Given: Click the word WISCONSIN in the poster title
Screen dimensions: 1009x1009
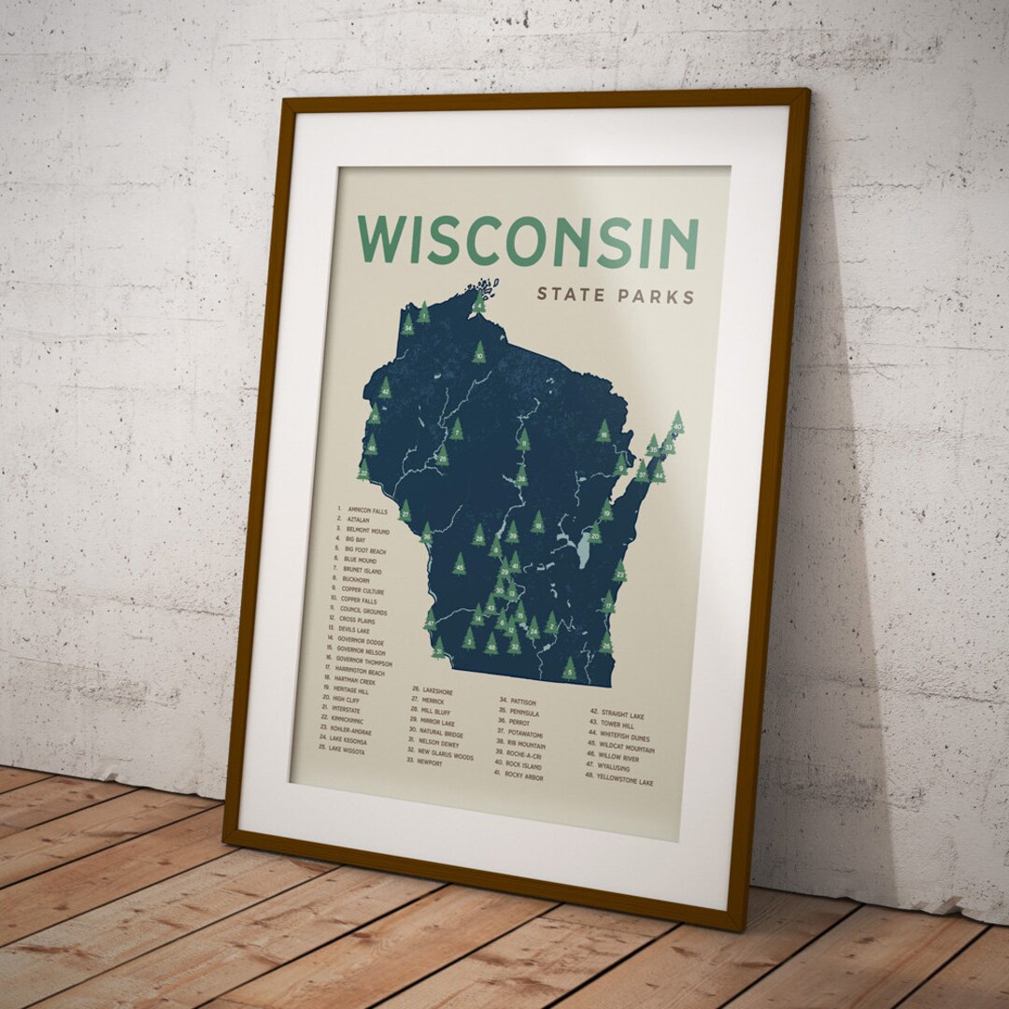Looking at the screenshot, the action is [x=528, y=241].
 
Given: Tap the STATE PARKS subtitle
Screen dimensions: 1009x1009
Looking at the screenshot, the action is [x=616, y=296].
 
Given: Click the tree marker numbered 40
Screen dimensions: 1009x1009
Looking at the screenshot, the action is [x=677, y=423].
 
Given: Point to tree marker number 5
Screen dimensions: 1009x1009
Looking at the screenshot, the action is [x=569, y=668].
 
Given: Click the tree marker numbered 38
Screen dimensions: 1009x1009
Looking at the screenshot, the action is [x=521, y=476].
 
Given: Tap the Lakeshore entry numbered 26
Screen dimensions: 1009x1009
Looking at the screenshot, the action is [x=432, y=691].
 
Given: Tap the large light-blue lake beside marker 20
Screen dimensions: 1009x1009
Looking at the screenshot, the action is [x=583, y=551].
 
